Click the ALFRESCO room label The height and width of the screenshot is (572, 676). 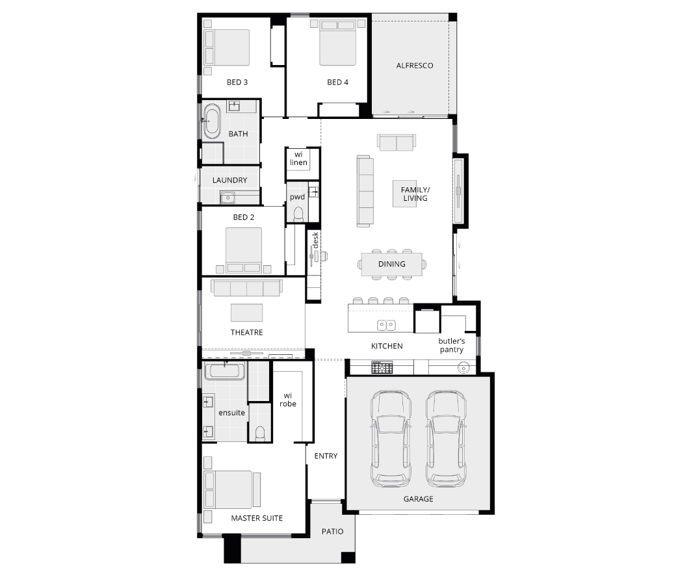coord(415,66)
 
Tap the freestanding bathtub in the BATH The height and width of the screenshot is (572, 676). coord(212,121)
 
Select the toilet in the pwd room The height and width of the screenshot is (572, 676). coord(298,214)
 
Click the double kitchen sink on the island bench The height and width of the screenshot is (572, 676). coord(386,325)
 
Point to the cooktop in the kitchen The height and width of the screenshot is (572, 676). coord(382,367)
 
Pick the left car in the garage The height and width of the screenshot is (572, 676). coord(391,438)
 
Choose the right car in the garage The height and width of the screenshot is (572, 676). coord(446,438)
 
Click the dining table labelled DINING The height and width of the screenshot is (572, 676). coord(391,264)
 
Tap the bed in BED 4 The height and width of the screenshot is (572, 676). coord(337,43)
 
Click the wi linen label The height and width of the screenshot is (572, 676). coord(298,158)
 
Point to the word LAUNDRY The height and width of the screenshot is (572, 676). coord(230,180)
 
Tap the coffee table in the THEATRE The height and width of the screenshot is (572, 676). coord(246,313)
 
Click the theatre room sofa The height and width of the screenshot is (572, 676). coord(246,288)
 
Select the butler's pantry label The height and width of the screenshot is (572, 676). coord(451,345)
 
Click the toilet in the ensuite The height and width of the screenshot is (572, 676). coord(260,434)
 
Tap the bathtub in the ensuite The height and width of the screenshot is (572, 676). coord(224,372)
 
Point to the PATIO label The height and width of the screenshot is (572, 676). coord(332,532)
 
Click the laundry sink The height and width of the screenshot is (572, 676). coord(227,198)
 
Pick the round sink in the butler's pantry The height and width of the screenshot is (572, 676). coord(463,369)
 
